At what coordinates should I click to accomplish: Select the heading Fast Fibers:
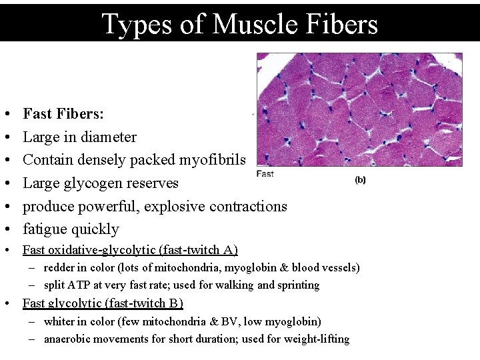pyautogui.click(x=63, y=114)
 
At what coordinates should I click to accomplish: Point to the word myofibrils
pyautogui.click(x=212, y=160)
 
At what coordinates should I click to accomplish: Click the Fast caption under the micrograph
pyautogui.click(x=265, y=174)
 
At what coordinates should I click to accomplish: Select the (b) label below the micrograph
pyautogui.click(x=360, y=179)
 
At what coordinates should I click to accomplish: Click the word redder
pyautogui.click(x=59, y=268)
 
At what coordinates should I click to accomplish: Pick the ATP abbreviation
pyautogui.click(x=81, y=285)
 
